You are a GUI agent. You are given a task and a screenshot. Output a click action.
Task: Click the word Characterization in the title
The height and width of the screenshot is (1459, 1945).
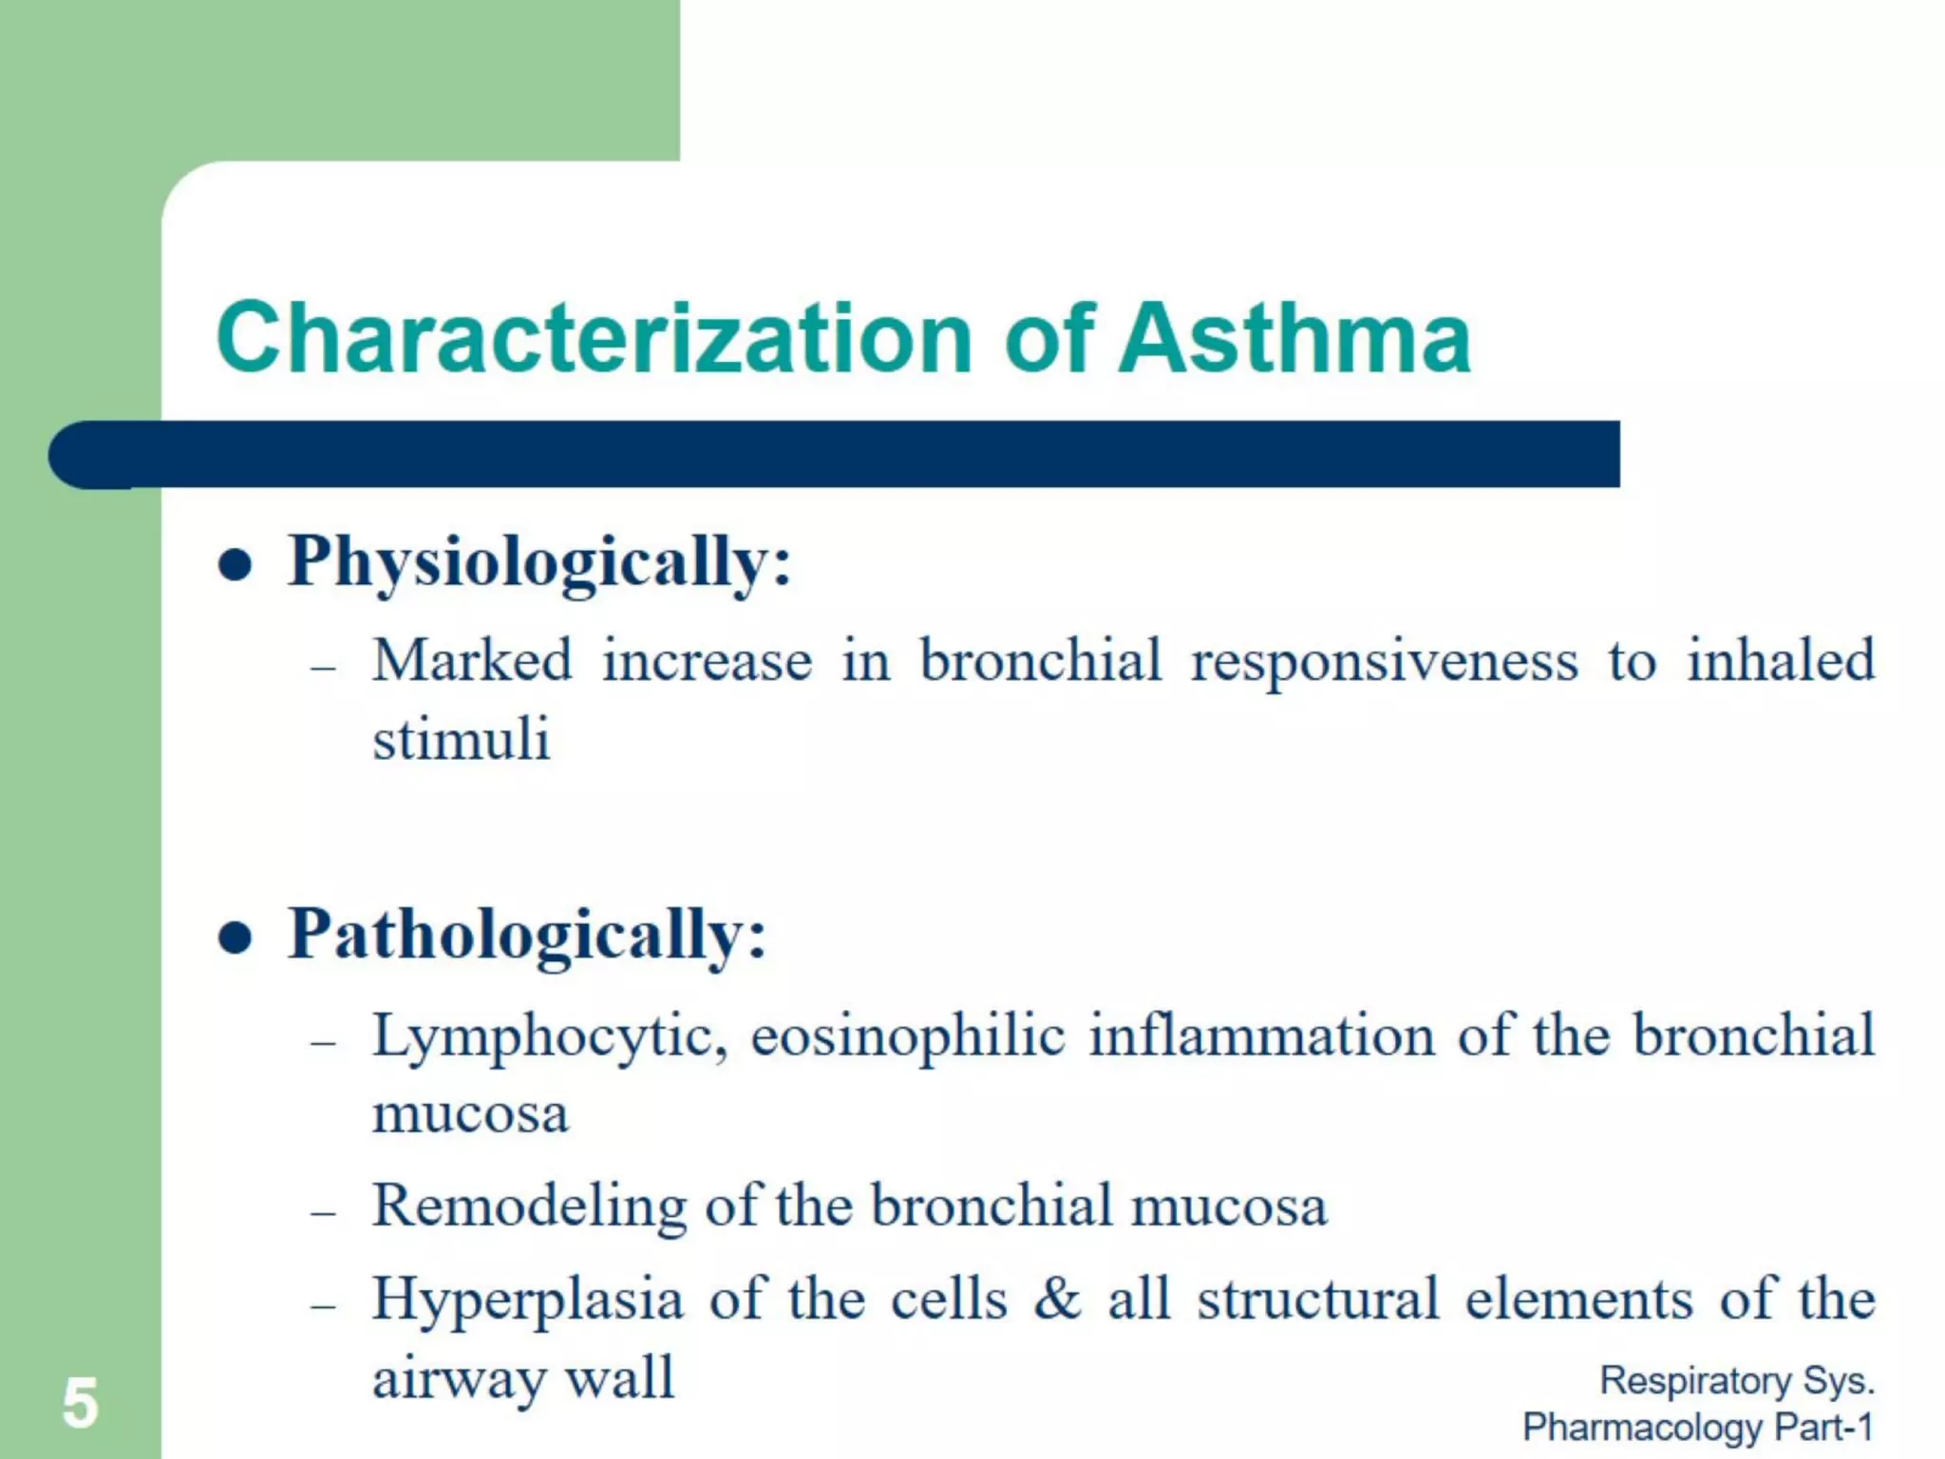pyautogui.click(x=595, y=338)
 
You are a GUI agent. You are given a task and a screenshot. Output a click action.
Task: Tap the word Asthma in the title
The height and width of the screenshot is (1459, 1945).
pyautogui.click(x=1294, y=338)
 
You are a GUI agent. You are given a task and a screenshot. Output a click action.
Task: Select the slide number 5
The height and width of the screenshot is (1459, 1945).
pyautogui.click(x=80, y=1403)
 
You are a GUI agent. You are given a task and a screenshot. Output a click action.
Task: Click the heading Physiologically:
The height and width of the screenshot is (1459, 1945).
pyautogui.click(x=539, y=564)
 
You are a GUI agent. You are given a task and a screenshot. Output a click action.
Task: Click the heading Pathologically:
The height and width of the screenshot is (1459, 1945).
pyautogui.click(x=527, y=937)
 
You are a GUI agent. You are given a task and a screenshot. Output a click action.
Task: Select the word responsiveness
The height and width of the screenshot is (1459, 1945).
pyautogui.click(x=1384, y=661)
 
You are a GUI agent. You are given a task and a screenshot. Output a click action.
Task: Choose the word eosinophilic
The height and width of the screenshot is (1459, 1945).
pyautogui.click(x=907, y=1037)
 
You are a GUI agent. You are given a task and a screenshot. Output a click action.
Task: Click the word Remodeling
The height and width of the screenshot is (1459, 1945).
pyautogui.click(x=529, y=1206)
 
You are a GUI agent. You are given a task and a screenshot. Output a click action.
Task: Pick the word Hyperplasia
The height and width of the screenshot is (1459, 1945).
pyautogui.click(x=527, y=1299)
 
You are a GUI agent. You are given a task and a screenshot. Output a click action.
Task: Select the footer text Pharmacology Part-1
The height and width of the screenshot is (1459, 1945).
pyautogui.click(x=1697, y=1427)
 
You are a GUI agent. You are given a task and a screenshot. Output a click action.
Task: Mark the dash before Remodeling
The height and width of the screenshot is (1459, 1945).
pyautogui.click(x=324, y=1213)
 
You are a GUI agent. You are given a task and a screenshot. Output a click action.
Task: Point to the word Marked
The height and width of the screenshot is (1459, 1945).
pyautogui.click(x=473, y=660)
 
